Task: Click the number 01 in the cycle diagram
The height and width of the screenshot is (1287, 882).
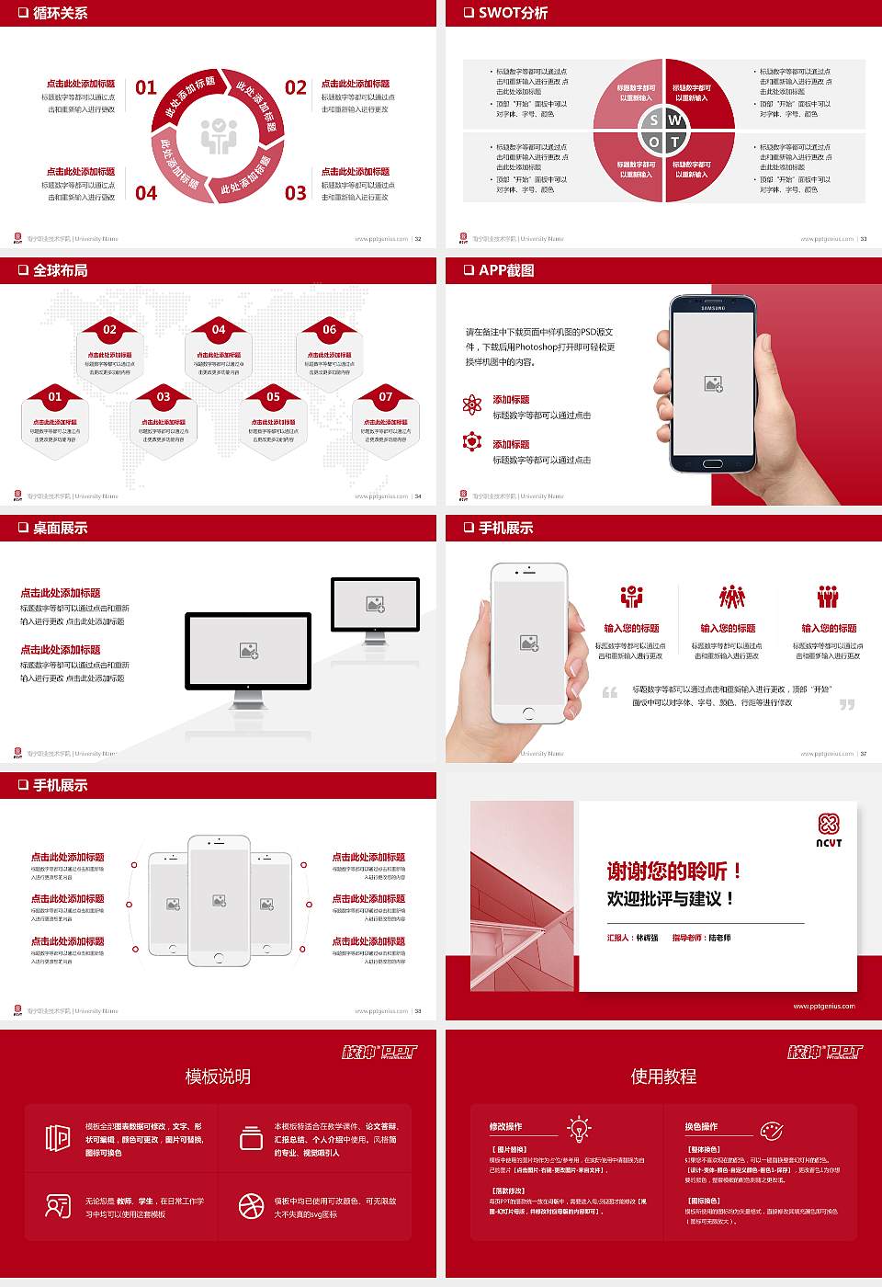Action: [x=146, y=87]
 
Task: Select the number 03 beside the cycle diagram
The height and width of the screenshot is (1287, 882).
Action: [x=295, y=193]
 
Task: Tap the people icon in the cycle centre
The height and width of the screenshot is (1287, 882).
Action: [x=219, y=136]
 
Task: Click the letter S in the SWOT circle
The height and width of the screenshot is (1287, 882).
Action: [x=653, y=120]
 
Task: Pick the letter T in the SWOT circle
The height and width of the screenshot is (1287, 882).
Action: [x=674, y=142]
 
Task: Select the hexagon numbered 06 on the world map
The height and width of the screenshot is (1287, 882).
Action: [x=330, y=354]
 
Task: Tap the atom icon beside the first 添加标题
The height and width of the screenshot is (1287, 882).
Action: [x=472, y=404]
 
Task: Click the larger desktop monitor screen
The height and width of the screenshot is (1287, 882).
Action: [x=248, y=650]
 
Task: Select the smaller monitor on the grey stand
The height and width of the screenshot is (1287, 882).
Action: [x=375, y=603]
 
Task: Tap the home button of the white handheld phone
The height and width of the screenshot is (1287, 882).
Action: [x=528, y=713]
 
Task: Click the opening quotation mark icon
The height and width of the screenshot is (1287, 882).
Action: [x=610, y=692]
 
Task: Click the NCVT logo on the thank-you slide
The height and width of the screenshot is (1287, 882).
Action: [x=829, y=830]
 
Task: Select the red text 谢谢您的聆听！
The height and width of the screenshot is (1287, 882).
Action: [x=673, y=871]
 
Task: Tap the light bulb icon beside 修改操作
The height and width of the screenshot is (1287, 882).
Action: [x=580, y=1128]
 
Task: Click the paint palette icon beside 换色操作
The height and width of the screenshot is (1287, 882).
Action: [x=772, y=1130]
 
